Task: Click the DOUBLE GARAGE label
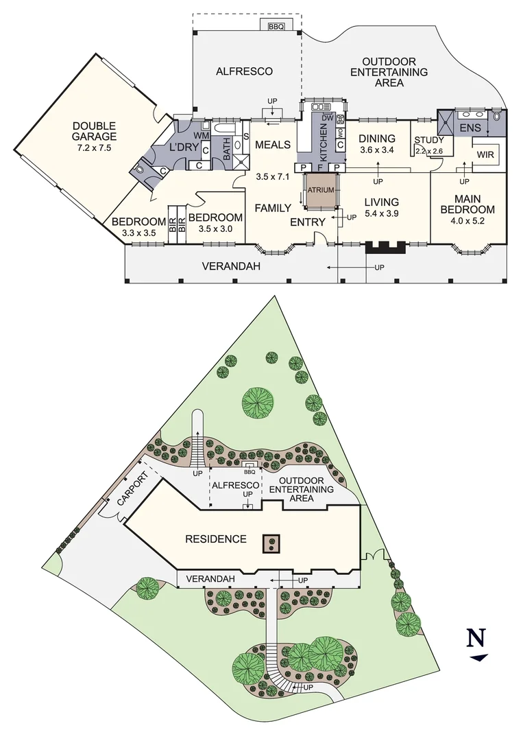click(x=95, y=131)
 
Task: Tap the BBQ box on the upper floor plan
click(x=276, y=27)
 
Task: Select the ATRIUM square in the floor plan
click(x=320, y=191)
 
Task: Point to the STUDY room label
click(x=430, y=141)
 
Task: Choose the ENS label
click(x=470, y=128)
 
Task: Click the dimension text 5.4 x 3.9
click(x=381, y=213)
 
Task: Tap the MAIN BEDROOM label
click(x=467, y=204)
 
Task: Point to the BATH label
click(x=227, y=150)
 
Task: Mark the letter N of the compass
click(x=477, y=637)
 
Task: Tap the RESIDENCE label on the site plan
click(x=216, y=539)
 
